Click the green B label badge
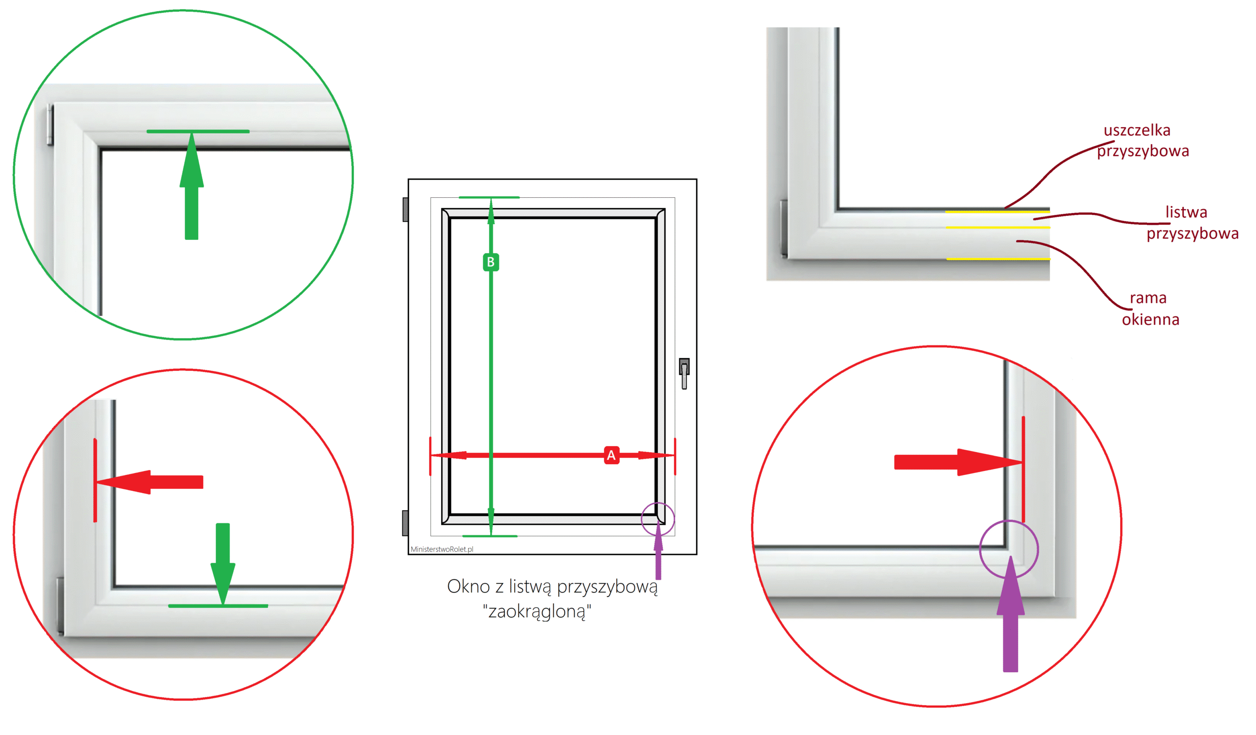[491, 262]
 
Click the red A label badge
[611, 455]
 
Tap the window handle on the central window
[684, 373]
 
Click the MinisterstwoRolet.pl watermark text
[442, 549]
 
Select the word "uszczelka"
[1136, 130]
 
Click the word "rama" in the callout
[1148, 298]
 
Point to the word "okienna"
[1151, 319]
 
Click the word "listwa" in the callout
[1186, 212]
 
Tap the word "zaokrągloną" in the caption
[537, 611]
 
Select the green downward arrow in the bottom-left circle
[222, 564]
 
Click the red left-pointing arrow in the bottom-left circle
[150, 482]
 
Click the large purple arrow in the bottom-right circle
[1010, 614]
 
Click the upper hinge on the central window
[405, 210]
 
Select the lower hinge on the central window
[405, 523]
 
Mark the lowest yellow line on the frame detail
[998, 259]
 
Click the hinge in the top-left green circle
[50, 125]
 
